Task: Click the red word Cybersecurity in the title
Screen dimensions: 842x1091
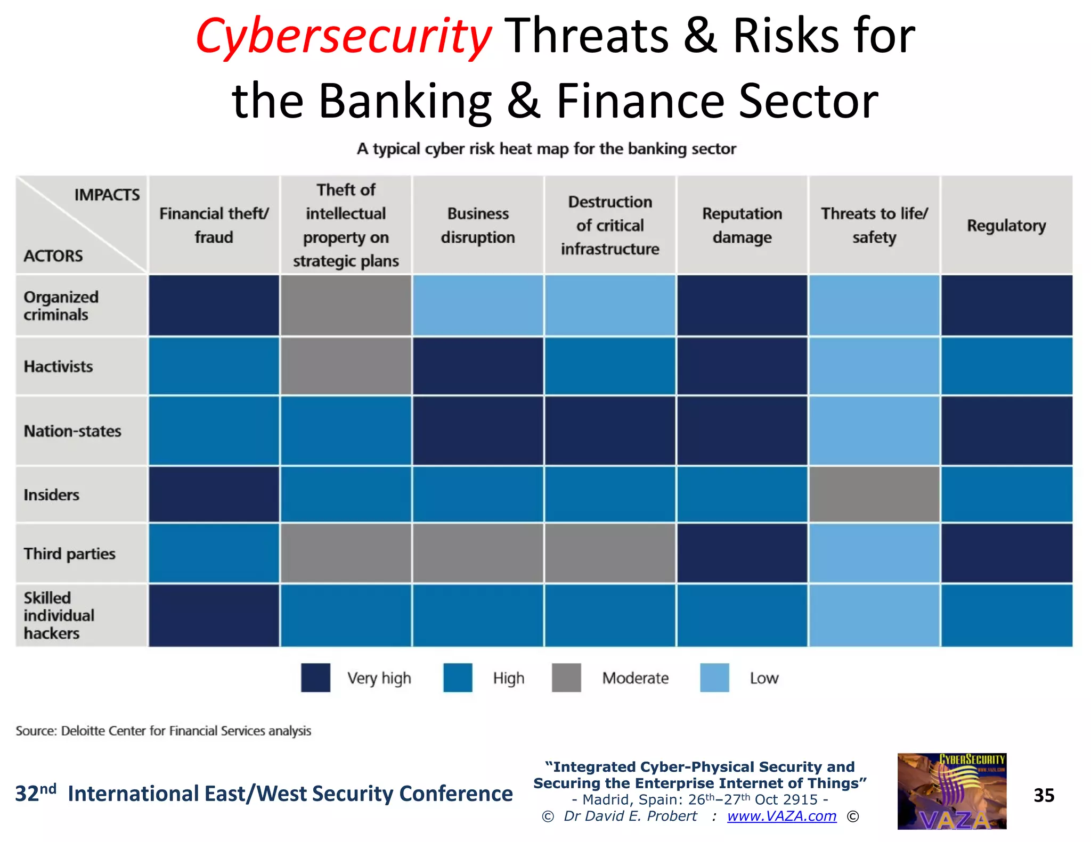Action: tap(344, 36)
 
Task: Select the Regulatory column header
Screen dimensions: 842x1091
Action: tap(1006, 226)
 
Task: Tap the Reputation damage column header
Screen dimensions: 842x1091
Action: tap(742, 225)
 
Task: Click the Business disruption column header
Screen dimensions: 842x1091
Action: tap(478, 225)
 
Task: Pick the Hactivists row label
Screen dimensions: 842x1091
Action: tap(59, 367)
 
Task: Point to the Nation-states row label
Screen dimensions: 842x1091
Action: tap(72, 431)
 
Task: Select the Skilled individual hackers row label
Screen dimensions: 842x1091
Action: tap(59, 615)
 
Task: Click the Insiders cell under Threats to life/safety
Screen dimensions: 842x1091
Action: tap(874, 494)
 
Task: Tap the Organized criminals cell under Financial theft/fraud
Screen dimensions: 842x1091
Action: tap(214, 305)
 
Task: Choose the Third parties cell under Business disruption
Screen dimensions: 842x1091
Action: tap(478, 553)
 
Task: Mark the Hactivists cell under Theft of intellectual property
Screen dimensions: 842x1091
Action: tap(346, 367)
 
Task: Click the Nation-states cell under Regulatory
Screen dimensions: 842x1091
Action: tap(1006, 431)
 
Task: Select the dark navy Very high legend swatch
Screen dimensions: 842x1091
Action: tap(315, 678)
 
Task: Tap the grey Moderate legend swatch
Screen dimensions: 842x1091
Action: tap(566, 678)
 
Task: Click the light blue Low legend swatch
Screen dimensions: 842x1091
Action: tap(714, 678)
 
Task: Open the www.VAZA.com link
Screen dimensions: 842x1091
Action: tap(781, 816)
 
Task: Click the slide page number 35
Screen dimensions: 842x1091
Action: tap(1044, 795)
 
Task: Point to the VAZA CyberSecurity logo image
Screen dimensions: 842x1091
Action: tap(951, 791)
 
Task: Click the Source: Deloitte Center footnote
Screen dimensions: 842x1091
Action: tap(164, 731)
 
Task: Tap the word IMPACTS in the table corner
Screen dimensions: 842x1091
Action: tap(107, 195)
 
